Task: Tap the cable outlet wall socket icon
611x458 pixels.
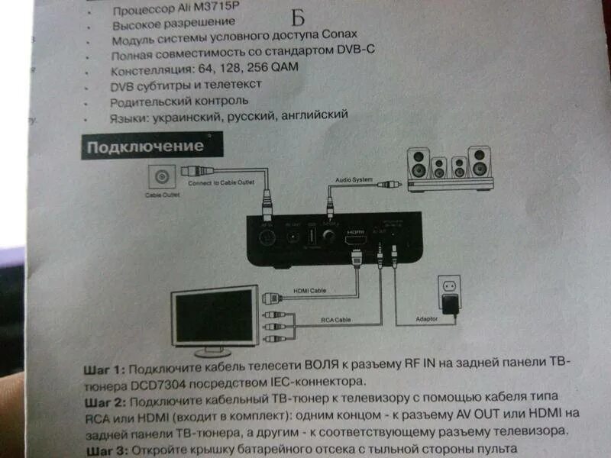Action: [161, 179]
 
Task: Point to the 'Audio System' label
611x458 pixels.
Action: [353, 179]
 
